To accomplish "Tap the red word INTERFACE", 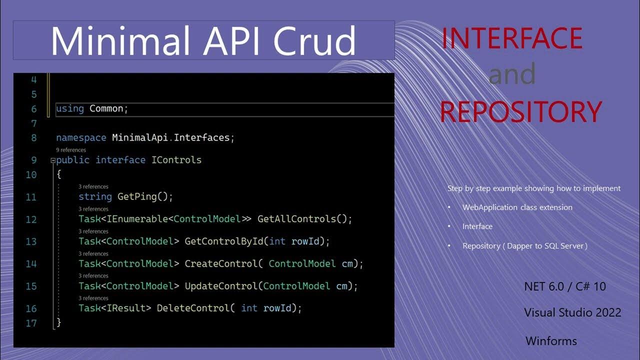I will point(512,38).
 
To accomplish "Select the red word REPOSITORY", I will point(520,111).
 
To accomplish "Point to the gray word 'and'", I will point(512,74).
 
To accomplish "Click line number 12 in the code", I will point(31,219).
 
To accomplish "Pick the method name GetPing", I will point(137,196).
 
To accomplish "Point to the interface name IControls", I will point(176,160).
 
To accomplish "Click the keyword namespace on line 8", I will point(81,137).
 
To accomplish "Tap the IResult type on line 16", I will point(128,308).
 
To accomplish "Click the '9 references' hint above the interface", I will point(71,150).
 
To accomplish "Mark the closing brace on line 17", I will point(58,322).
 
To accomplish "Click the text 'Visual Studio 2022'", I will point(572,312).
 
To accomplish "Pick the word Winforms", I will point(551,341).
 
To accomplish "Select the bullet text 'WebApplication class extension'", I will point(517,207).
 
